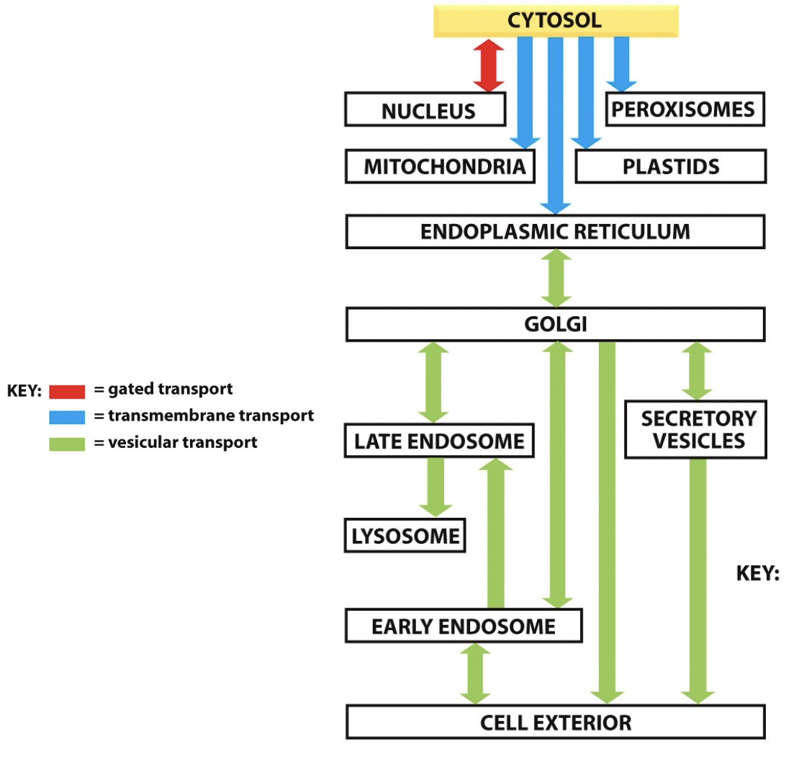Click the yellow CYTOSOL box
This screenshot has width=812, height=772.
point(555,21)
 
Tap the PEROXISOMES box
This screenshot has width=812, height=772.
point(684,109)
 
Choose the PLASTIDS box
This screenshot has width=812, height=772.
point(670,166)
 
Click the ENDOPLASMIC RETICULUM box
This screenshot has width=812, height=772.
point(555,232)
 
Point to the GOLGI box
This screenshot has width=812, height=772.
point(555,324)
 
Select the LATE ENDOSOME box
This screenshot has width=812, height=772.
point(439,441)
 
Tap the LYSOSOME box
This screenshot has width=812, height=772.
point(405,536)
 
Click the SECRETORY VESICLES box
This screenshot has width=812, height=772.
point(695,429)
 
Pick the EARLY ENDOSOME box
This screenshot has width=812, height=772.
point(463,626)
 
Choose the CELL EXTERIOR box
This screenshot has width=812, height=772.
point(555,722)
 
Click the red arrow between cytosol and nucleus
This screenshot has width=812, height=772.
point(489,66)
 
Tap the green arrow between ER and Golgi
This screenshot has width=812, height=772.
point(556,278)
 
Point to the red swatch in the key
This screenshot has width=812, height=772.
point(67,391)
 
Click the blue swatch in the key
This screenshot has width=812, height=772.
point(67,417)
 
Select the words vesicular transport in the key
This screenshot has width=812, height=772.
point(182,442)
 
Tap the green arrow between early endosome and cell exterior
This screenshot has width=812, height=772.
point(475,673)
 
